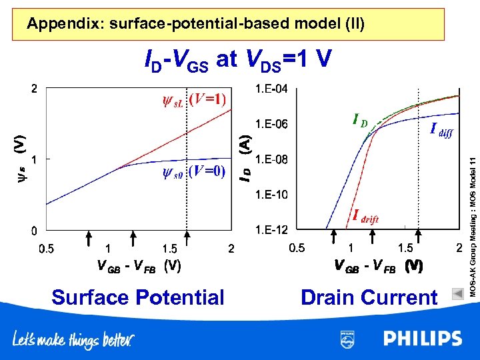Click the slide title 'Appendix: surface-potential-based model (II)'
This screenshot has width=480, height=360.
(195, 25)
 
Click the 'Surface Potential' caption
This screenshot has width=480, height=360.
(138, 297)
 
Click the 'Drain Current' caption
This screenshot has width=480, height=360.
(369, 297)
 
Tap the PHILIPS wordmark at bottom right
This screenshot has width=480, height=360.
(422, 339)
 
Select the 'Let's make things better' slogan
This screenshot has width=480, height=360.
(73, 340)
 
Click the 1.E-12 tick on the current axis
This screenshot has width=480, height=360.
(271, 231)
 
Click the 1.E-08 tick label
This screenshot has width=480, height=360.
(271, 160)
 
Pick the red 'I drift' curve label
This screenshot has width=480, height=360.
(365, 217)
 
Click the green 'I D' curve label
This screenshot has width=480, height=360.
(359, 121)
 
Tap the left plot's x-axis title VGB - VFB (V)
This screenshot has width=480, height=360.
(139, 265)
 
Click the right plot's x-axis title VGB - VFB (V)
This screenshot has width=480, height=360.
(378, 267)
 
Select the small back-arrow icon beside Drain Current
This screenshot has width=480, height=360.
(457, 293)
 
